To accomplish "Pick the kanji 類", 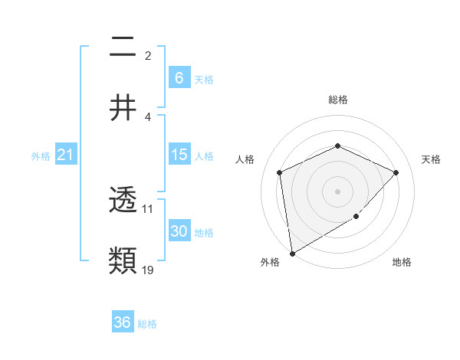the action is coord(123,260).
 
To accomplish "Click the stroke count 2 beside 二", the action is coord(148,55).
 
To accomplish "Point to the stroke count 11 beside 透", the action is coord(148,208).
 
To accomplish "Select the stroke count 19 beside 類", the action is coord(148,270).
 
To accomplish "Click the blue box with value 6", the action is coord(179,78).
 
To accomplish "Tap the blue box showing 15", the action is coord(179,155).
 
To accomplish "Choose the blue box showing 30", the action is coord(179,231).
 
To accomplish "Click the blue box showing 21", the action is coord(66,155).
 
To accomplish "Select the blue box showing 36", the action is coord(123,322).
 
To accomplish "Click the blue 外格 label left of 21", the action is coord(41,156).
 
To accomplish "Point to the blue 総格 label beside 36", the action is coord(147,324).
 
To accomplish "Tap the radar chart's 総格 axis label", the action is coord(338,100).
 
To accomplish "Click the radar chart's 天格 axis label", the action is coord(431,159).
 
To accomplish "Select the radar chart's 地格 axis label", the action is coord(402,262).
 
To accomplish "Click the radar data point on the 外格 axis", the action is coord(292,253).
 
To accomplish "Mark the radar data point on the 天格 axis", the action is coord(396,172).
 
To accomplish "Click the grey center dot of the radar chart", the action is coord(337,191).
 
